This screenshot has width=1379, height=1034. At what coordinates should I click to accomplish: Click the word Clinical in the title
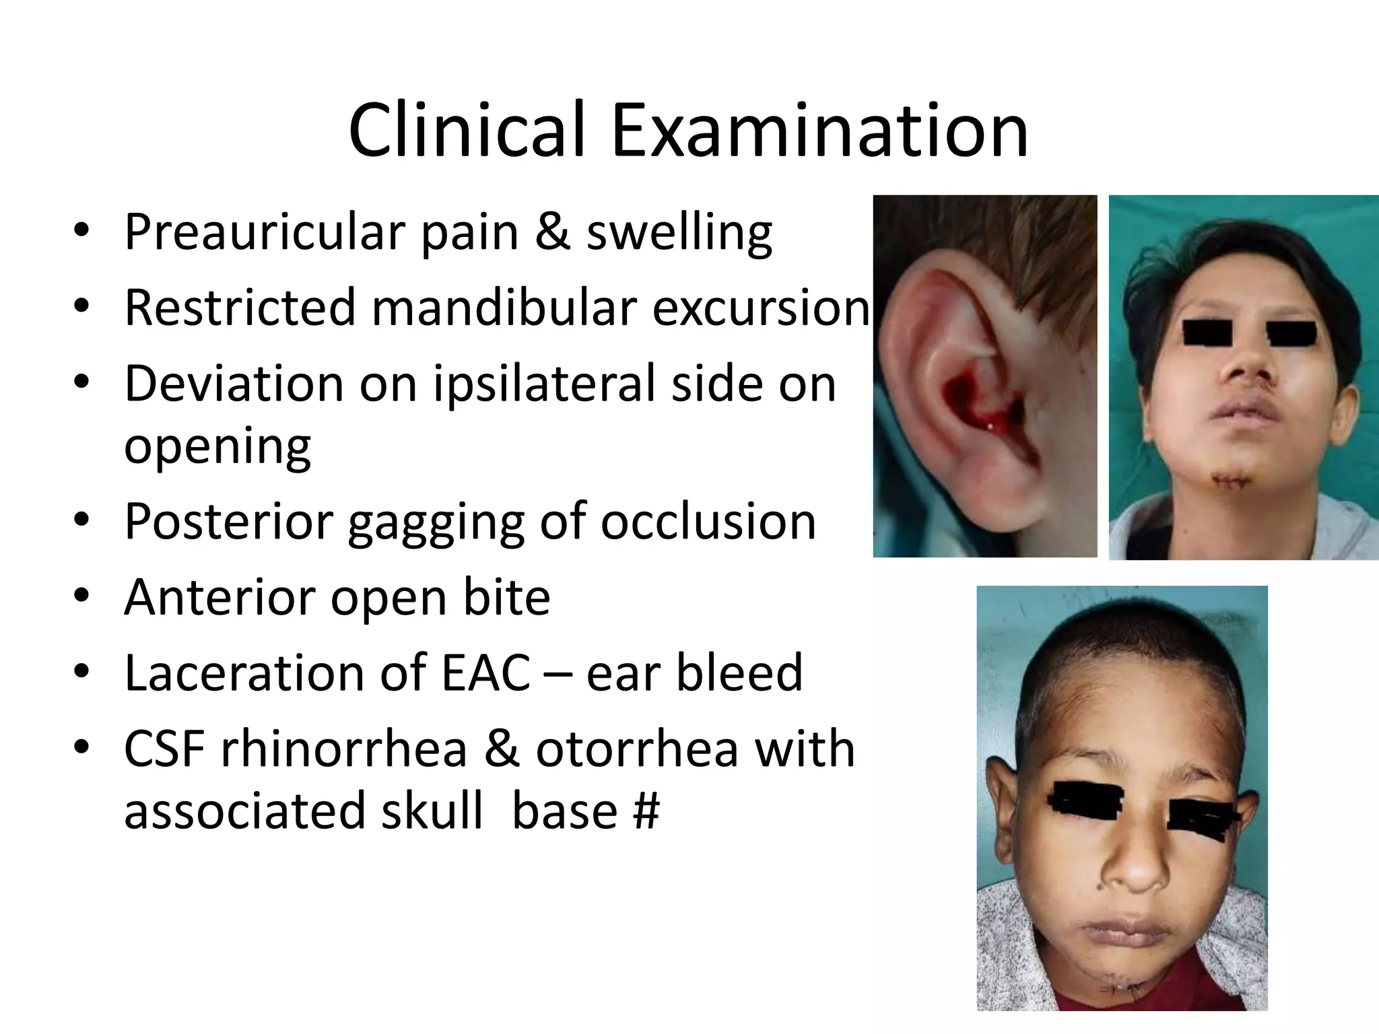(x=465, y=131)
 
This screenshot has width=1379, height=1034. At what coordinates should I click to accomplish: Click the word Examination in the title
(x=819, y=131)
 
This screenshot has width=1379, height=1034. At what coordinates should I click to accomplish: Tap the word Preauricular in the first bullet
(x=263, y=233)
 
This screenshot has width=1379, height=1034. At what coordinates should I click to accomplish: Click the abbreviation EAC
(x=485, y=673)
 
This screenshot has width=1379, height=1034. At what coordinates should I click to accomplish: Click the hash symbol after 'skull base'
(x=646, y=811)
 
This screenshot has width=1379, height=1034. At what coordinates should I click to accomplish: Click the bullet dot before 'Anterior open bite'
(x=81, y=597)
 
